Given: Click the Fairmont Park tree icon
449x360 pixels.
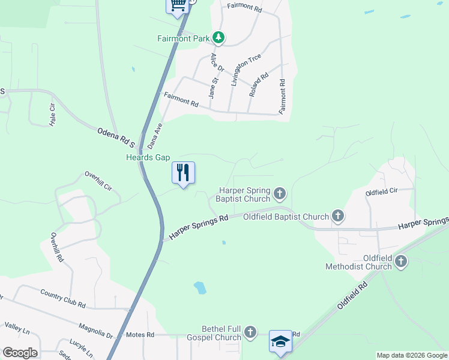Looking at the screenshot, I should pos(219,38).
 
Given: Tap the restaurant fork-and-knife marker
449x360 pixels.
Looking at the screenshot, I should pos(184,173).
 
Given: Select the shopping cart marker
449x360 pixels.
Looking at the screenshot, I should pos(178,5).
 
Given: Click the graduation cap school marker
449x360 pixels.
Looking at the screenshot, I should pos(280,341).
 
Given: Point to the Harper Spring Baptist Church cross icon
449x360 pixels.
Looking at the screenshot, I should pos(279,193).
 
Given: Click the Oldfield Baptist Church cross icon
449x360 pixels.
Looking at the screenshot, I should pos(338,216).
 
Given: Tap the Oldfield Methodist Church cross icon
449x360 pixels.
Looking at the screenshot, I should pos(400,261).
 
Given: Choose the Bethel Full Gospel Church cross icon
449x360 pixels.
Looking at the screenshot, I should pos(250,332).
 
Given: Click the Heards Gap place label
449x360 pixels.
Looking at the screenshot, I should pos(148,158).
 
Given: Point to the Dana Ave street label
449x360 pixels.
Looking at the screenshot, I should pos(155,136).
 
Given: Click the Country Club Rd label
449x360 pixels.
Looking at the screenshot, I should pos(63,298).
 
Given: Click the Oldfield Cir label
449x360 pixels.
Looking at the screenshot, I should pos(382,193).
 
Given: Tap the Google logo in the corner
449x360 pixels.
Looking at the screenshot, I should pos(19,353).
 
